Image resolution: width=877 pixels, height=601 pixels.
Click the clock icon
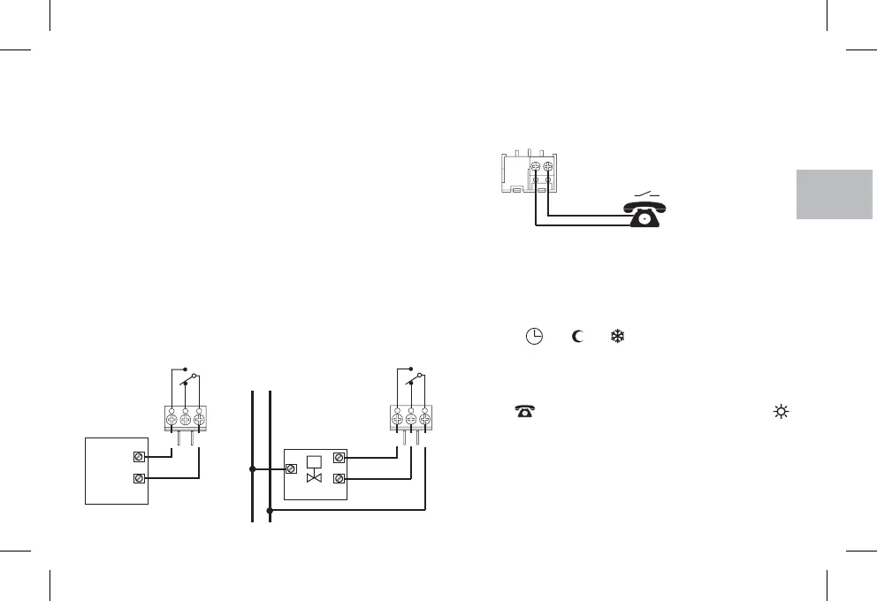(x=533, y=337)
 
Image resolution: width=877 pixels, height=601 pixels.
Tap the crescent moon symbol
(x=577, y=337)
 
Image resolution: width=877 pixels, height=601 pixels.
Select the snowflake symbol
(x=619, y=337)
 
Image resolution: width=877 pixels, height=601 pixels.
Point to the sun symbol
(x=781, y=412)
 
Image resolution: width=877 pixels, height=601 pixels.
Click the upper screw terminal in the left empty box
(x=138, y=458)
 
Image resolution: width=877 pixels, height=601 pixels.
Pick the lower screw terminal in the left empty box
(x=138, y=479)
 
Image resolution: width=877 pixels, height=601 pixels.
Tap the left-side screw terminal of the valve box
(x=291, y=468)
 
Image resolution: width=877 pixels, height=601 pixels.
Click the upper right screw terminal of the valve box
(x=338, y=458)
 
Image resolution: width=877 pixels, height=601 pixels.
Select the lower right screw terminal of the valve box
(x=338, y=479)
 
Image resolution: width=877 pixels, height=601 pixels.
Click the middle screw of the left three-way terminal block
(x=185, y=418)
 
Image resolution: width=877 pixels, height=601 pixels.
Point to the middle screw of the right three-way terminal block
(x=411, y=418)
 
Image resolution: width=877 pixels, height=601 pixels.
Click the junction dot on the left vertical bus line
(x=253, y=468)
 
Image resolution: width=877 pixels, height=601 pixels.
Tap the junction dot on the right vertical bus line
(x=270, y=510)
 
